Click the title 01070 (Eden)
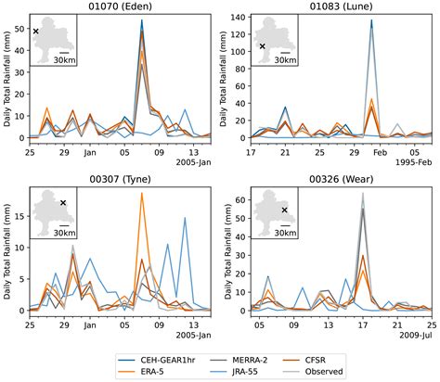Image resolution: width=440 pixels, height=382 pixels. tap(120, 7)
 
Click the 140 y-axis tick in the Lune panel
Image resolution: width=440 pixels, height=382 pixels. tap(239, 18)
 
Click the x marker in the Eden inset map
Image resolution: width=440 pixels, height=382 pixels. tap(36, 32)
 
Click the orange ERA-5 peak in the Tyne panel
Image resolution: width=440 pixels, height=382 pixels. tap(142, 194)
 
